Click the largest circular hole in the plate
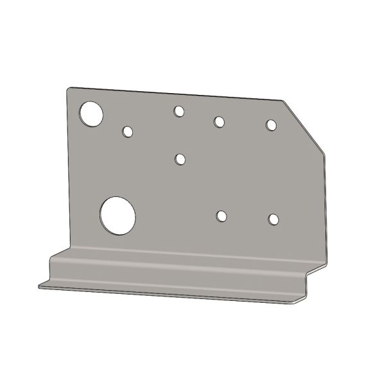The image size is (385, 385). coord(117,214)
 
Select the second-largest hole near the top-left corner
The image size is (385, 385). coord(92,114)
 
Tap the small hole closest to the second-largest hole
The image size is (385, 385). coord(128,132)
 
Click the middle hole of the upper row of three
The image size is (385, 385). coord(219,121)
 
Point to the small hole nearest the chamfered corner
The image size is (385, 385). coord(271,124)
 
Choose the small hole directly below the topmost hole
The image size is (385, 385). coord(180,158)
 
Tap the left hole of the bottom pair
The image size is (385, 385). coord(221,216)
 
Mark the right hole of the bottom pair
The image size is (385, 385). coord(274,219)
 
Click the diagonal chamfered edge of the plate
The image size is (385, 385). coord(304,126)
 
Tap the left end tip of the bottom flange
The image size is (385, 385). coord(39,286)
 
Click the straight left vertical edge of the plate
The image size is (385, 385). coord(69,167)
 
